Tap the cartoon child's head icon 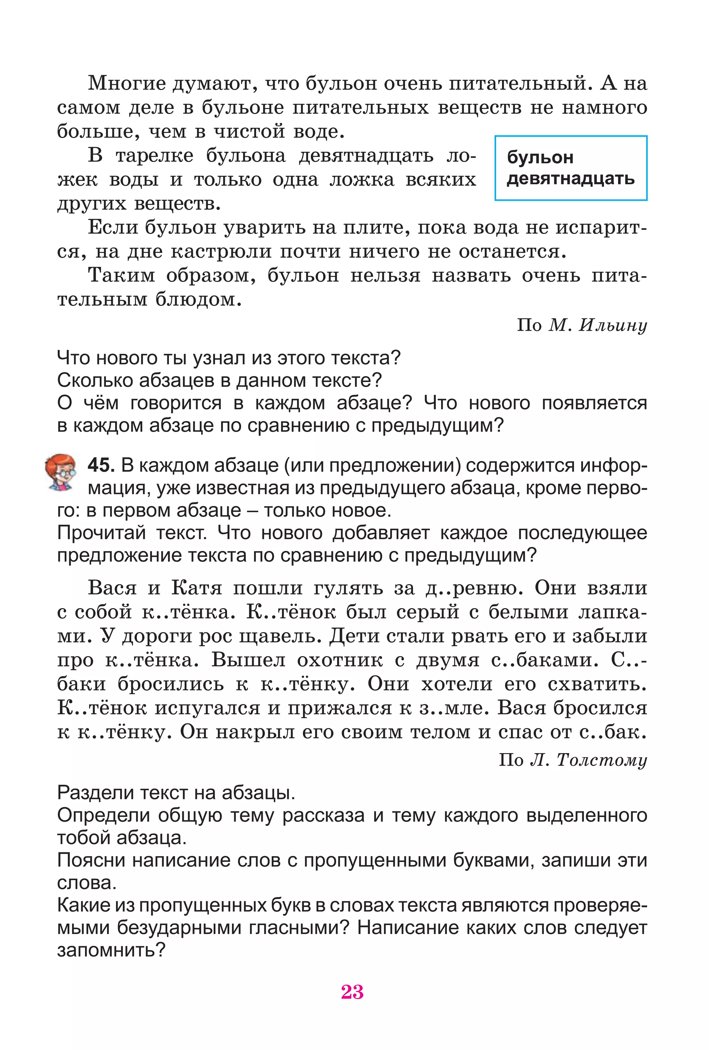(61, 472)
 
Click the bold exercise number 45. (101, 465)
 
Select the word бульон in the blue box (540, 157)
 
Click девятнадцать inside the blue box (570, 179)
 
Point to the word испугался (207, 708)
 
